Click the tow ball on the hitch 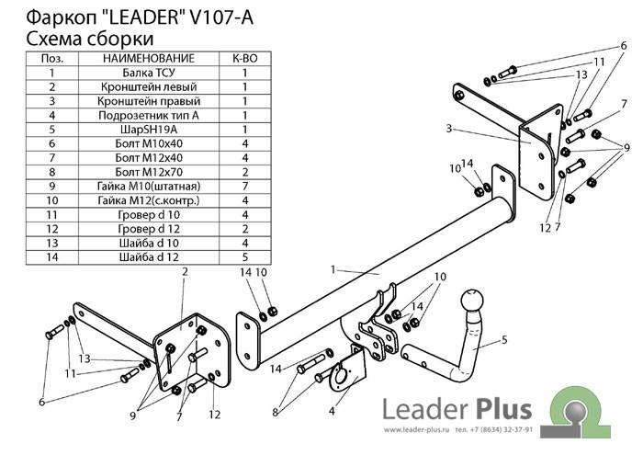click(x=472, y=302)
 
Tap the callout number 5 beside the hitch click(x=504, y=340)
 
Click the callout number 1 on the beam click(x=333, y=269)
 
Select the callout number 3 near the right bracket click(x=449, y=129)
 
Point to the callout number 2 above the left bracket click(x=185, y=271)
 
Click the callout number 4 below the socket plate click(x=332, y=410)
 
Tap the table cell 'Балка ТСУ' click(x=149, y=73)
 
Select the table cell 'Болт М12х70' click(x=149, y=172)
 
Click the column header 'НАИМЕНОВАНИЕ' click(x=149, y=58)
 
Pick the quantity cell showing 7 click(x=245, y=187)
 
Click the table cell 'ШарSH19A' click(x=149, y=130)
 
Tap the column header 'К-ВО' click(x=245, y=58)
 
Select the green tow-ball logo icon click(x=575, y=412)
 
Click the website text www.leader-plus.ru click(x=416, y=430)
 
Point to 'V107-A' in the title click(x=221, y=17)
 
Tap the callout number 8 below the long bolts click(x=276, y=412)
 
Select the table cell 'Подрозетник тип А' click(x=149, y=115)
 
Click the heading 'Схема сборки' click(x=90, y=39)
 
